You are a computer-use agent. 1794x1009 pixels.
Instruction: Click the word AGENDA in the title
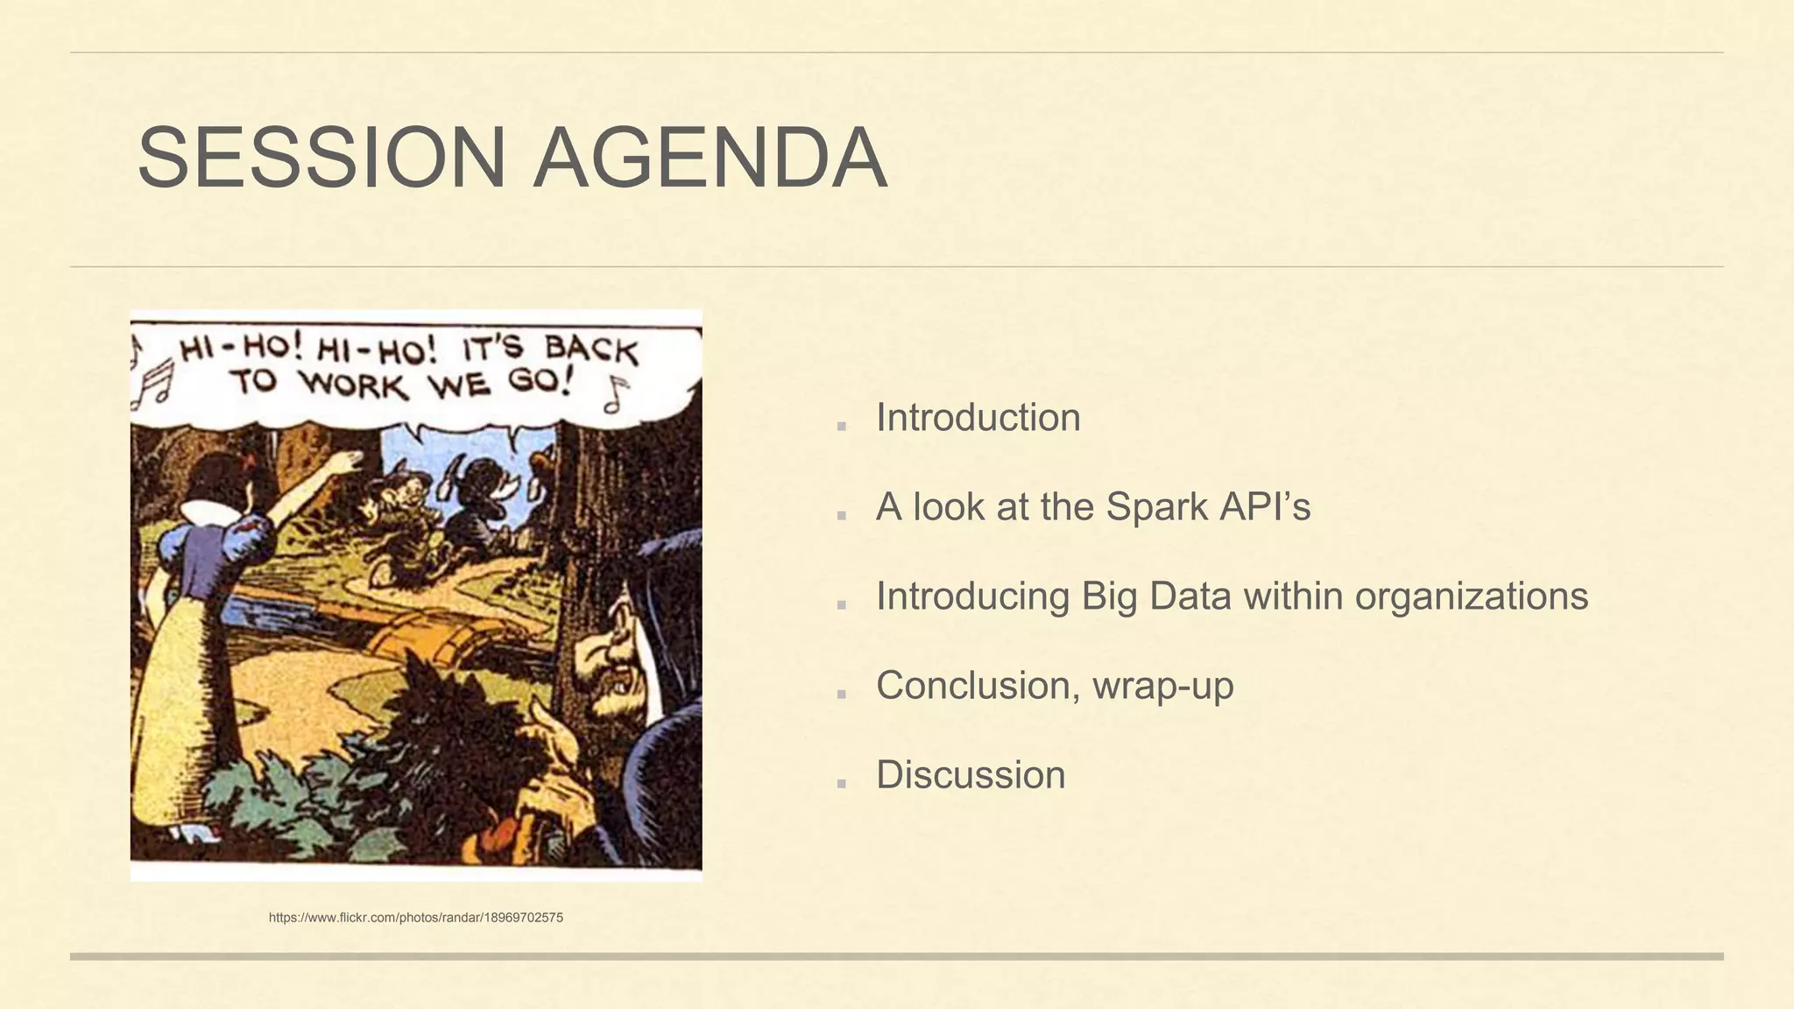(710, 159)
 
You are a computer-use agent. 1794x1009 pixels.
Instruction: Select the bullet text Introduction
(978, 418)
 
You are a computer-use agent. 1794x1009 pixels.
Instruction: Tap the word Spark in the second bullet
(1156, 507)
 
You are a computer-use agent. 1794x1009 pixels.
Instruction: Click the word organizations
(1471, 596)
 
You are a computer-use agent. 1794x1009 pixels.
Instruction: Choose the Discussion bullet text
(971, 775)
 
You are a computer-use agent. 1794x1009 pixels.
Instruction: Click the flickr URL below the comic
(416, 918)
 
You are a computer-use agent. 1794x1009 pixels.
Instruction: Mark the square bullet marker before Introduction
(842, 427)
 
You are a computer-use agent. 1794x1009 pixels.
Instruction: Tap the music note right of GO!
(617, 394)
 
